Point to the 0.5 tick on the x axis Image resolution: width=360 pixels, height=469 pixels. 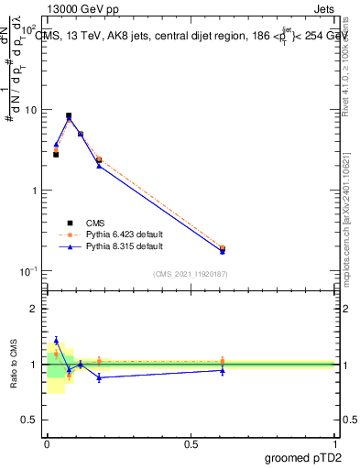191,443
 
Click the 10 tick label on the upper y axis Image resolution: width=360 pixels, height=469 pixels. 30,110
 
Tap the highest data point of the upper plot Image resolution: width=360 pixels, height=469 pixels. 69,116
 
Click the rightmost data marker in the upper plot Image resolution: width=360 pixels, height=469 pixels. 223,248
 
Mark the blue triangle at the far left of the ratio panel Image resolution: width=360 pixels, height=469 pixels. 56,340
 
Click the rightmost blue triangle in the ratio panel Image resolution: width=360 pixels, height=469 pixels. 223,370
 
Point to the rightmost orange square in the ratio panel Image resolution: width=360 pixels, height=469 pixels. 223,361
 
